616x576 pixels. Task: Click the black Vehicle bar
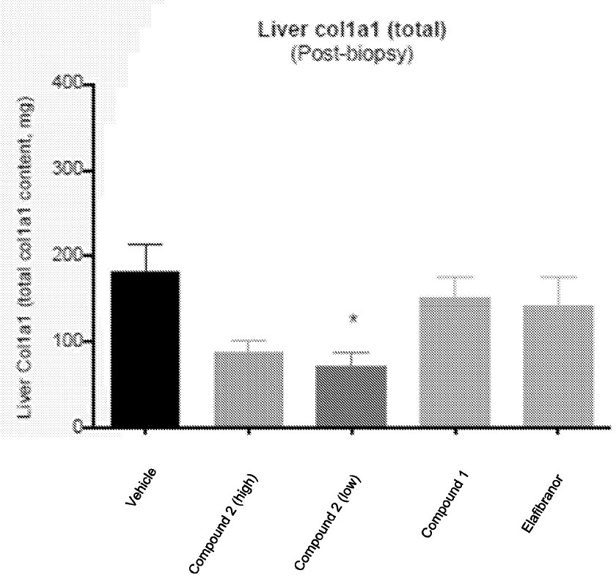point(145,348)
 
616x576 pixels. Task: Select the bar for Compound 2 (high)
point(249,388)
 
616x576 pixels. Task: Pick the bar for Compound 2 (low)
point(352,395)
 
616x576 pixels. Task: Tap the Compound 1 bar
point(455,361)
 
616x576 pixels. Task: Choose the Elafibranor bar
point(558,365)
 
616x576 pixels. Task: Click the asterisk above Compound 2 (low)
point(353,319)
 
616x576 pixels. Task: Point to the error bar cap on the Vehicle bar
point(145,245)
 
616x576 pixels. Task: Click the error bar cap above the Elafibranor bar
point(558,277)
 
